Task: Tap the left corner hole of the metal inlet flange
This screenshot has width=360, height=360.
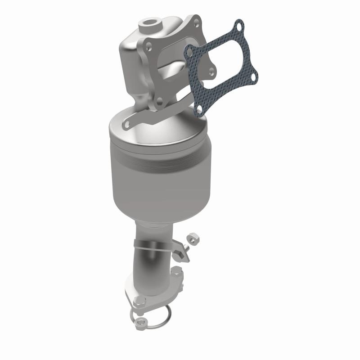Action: coord(148,44)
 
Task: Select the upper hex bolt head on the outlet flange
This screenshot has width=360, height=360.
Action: coord(177,270)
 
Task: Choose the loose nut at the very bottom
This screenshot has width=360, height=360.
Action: coord(140,322)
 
